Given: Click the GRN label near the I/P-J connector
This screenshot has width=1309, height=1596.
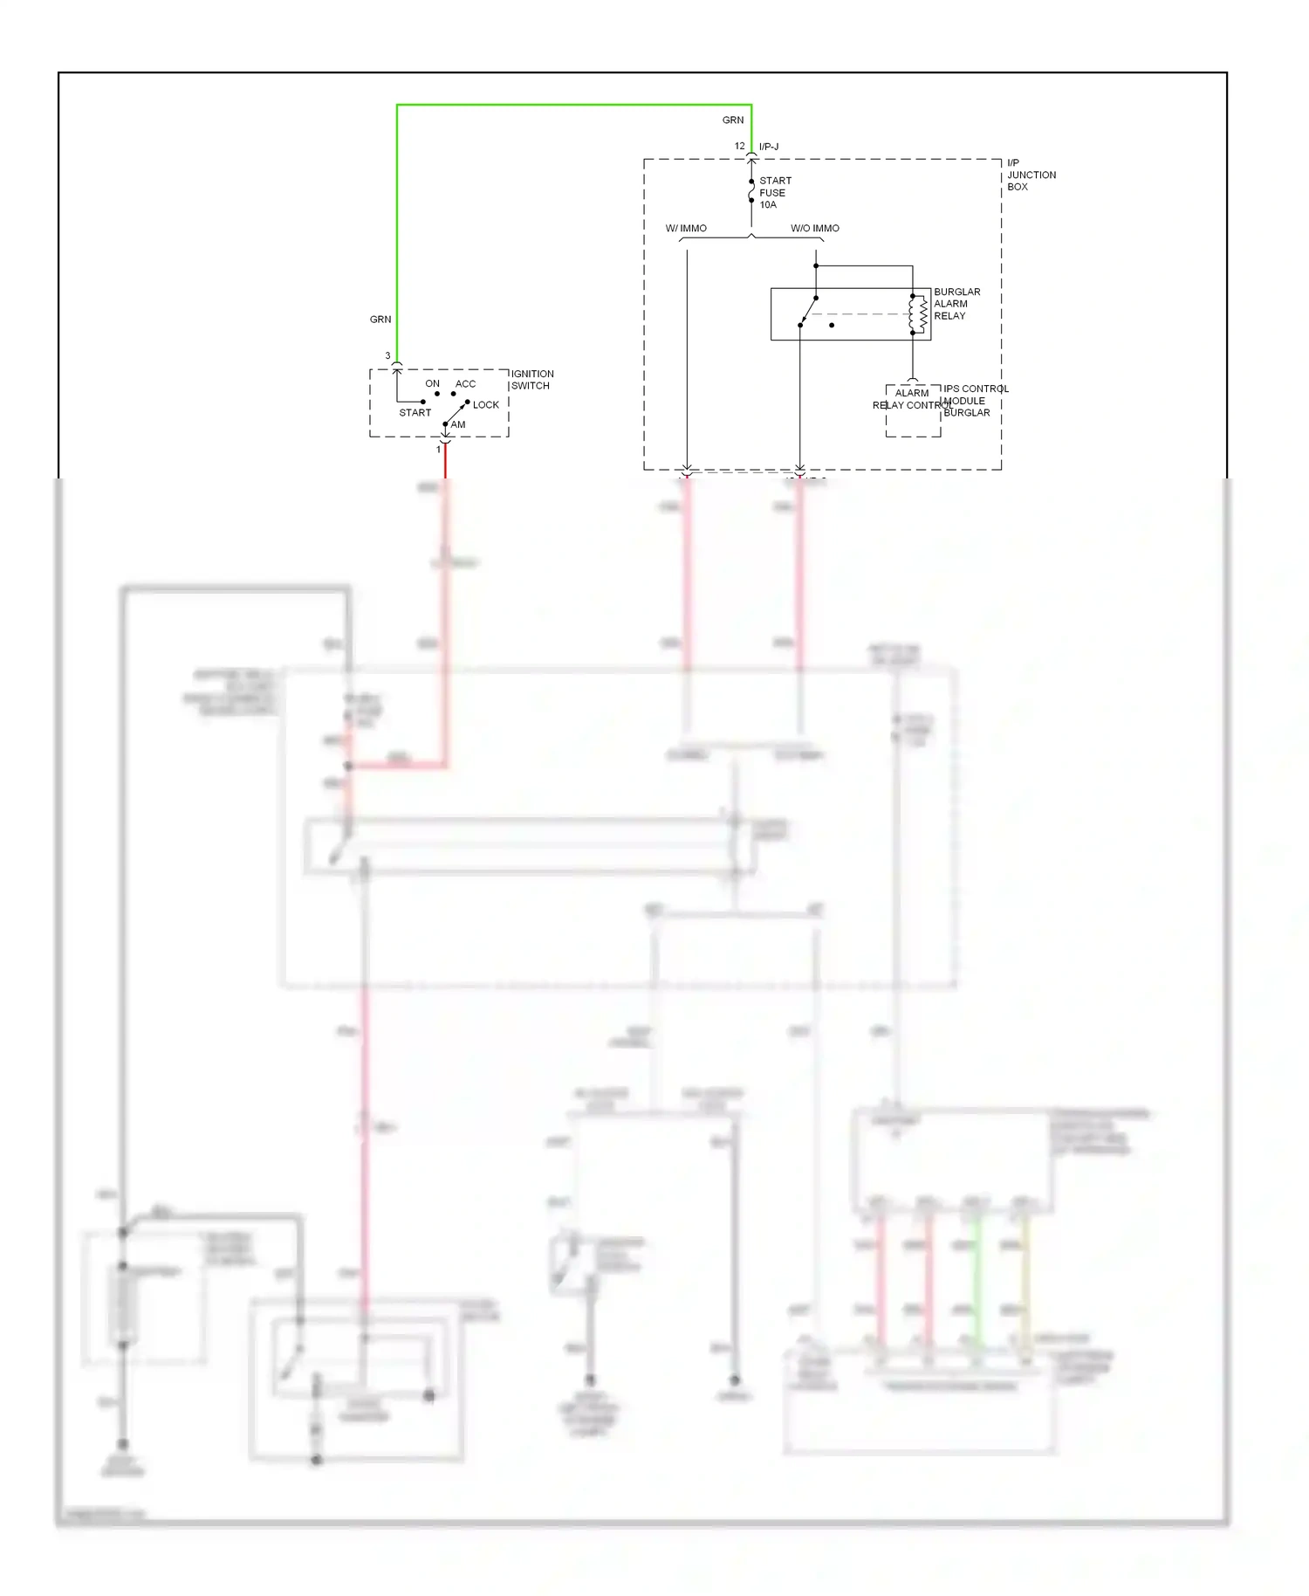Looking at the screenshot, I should [x=732, y=120].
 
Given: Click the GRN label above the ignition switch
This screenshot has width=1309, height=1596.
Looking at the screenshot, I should [x=380, y=320].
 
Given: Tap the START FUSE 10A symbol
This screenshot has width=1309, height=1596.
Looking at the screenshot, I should [x=751, y=191].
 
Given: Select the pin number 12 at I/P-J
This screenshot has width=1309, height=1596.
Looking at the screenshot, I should [x=739, y=146].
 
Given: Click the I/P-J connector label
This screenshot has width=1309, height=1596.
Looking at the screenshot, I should [x=769, y=147].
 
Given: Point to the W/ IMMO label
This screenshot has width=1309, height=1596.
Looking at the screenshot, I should [x=686, y=229].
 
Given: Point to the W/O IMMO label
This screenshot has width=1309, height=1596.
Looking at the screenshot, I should [x=814, y=229].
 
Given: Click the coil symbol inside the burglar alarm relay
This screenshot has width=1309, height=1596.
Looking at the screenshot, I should [x=917, y=314].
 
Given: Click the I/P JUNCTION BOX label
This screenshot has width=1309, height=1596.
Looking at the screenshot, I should [x=1031, y=175].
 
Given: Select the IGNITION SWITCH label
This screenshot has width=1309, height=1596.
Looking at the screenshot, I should [x=531, y=380].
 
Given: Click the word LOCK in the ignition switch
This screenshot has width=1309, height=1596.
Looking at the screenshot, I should [x=485, y=405].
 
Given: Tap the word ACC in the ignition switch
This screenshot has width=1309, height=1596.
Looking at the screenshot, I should [x=465, y=384].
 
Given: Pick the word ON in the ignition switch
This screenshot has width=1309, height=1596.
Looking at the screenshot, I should [x=432, y=384].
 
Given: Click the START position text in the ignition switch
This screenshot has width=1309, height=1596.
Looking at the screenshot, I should [x=415, y=413].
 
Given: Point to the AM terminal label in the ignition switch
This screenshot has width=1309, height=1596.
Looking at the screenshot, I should [x=458, y=425].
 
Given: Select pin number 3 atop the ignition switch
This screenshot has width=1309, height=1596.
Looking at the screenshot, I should [x=387, y=356].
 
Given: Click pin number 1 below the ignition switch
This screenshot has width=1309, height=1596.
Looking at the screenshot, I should [x=438, y=450].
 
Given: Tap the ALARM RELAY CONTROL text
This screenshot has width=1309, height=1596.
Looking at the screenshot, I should [x=911, y=399].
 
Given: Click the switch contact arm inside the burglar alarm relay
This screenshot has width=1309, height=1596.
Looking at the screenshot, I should [x=808, y=312].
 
